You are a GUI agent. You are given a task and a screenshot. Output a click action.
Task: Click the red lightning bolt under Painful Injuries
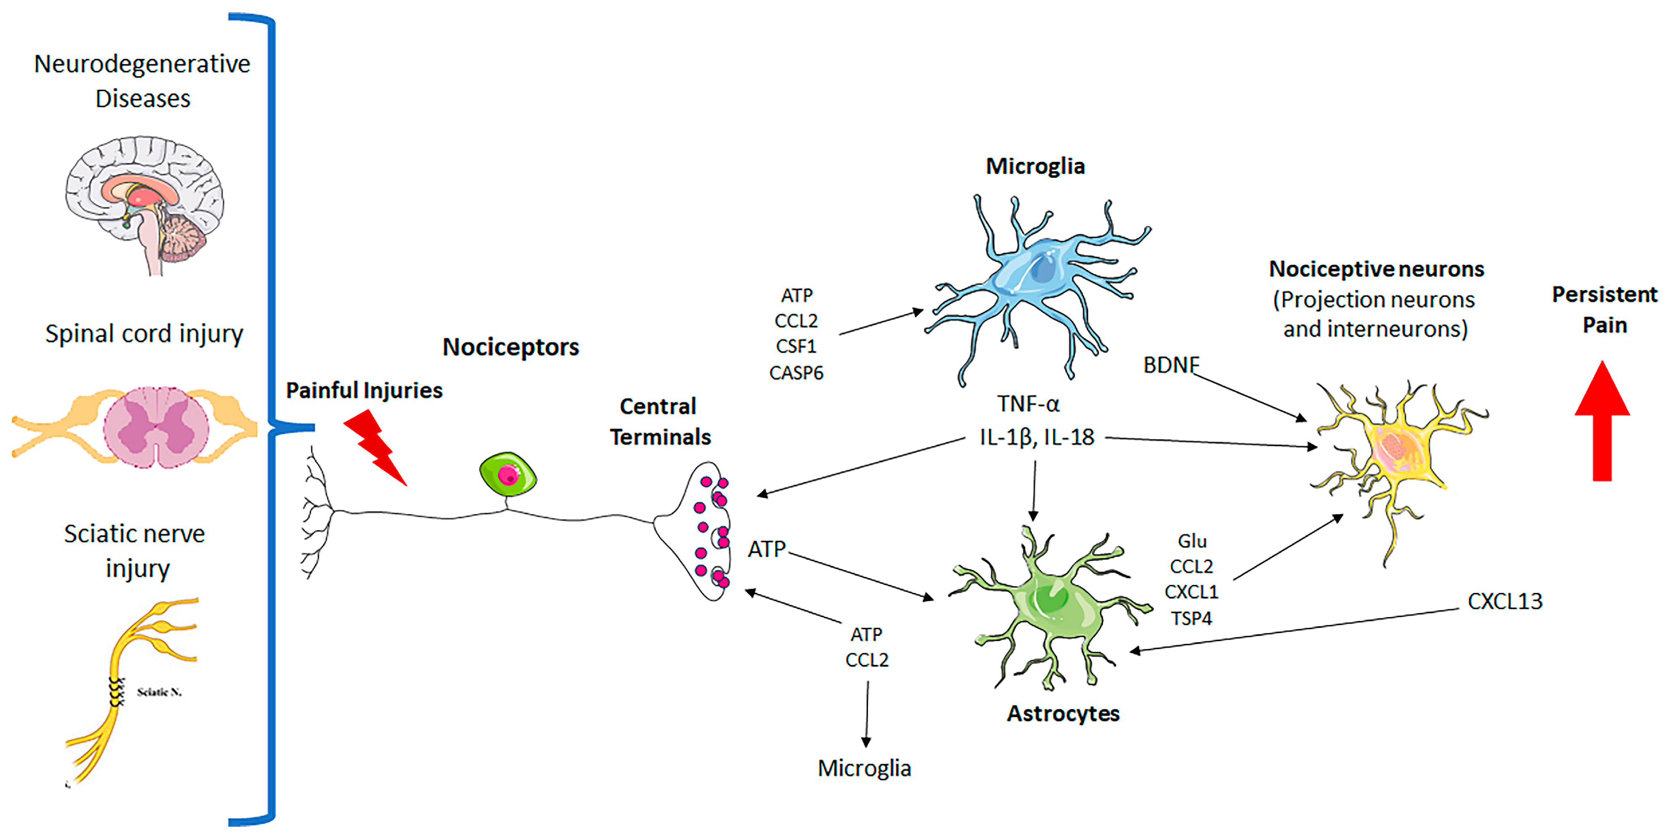pos(374,446)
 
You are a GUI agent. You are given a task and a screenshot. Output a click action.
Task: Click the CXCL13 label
pos(1504,601)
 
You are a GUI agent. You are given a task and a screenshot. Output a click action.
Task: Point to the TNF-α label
pos(1028,404)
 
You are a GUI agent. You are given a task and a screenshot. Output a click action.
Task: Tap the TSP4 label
pos(1191,618)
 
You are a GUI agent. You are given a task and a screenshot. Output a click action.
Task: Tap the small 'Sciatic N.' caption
pos(159,692)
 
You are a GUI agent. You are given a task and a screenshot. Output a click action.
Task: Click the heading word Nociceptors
pos(510,347)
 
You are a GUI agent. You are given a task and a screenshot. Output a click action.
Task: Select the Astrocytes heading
pos(1063,713)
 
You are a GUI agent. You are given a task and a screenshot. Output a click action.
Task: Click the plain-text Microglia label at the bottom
pos(864,768)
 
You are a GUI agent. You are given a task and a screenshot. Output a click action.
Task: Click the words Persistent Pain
pos(1604,309)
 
